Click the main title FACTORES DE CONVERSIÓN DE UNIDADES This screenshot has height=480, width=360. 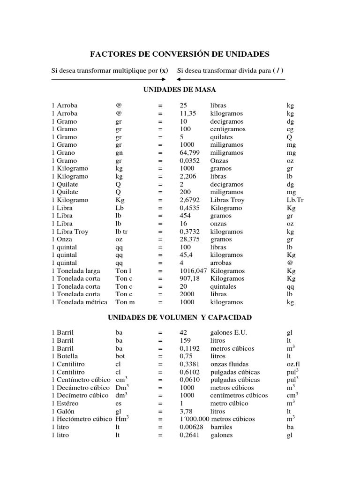180,54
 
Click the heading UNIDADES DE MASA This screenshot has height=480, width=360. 180,89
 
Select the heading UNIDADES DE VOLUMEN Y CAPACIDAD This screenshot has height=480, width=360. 180,317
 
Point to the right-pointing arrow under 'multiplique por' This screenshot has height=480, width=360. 109,80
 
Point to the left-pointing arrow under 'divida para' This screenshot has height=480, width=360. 231,80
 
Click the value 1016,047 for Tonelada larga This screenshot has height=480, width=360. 194,270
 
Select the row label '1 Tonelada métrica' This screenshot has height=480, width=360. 79,302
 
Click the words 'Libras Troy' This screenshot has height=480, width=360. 227,200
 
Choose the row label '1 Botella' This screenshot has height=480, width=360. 66,356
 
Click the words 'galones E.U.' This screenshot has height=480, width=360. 229,332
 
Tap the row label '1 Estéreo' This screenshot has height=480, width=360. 65,403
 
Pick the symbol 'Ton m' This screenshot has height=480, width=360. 125,302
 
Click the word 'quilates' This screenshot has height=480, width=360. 222,137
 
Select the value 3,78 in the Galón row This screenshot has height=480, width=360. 187,411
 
